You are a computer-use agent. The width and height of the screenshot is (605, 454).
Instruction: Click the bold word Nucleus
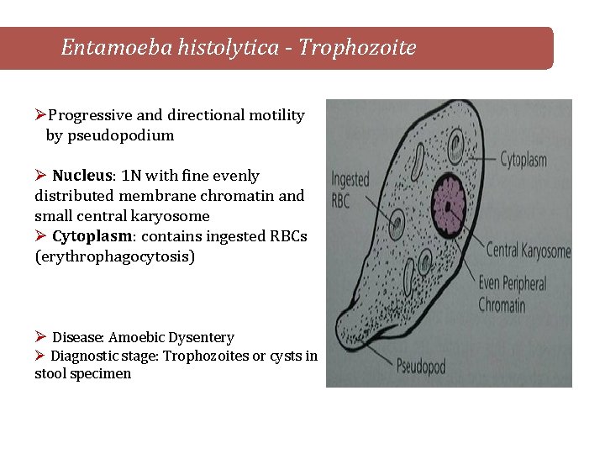[x=83, y=176]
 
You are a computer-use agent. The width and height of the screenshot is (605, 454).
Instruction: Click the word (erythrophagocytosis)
[x=114, y=256]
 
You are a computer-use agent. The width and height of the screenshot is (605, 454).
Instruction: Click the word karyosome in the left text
[x=172, y=216]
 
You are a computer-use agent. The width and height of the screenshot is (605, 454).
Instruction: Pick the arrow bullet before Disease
[x=40, y=337]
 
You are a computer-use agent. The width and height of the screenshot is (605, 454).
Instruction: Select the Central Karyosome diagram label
[x=529, y=251]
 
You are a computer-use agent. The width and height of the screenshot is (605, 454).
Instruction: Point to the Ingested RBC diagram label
[x=350, y=188]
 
